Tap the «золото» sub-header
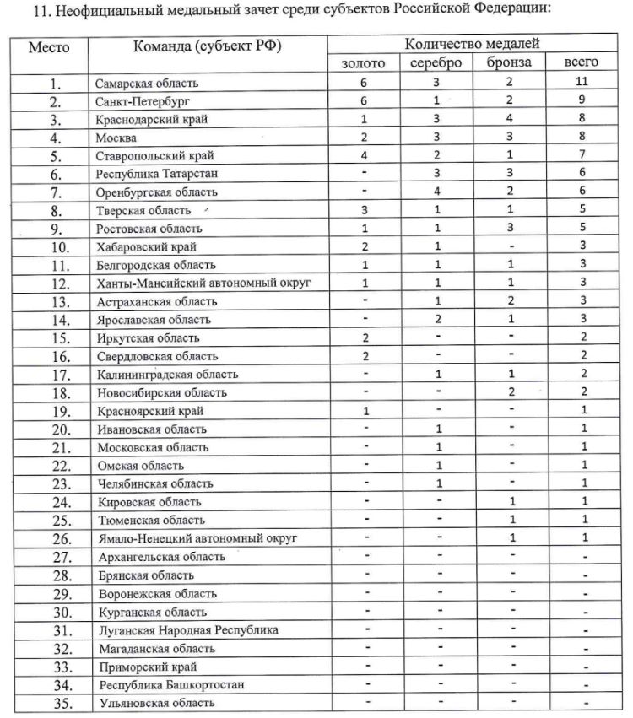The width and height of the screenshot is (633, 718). [363, 63]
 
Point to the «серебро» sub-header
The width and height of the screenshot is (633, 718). [436, 63]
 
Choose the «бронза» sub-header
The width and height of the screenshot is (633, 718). [509, 63]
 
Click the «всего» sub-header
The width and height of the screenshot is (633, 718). [582, 63]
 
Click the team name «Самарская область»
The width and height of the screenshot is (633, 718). [148, 83]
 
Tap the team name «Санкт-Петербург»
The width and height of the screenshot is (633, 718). [140, 101]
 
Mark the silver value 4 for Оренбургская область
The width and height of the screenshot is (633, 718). [437, 192]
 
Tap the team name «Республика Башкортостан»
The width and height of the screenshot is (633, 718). [171, 684]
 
